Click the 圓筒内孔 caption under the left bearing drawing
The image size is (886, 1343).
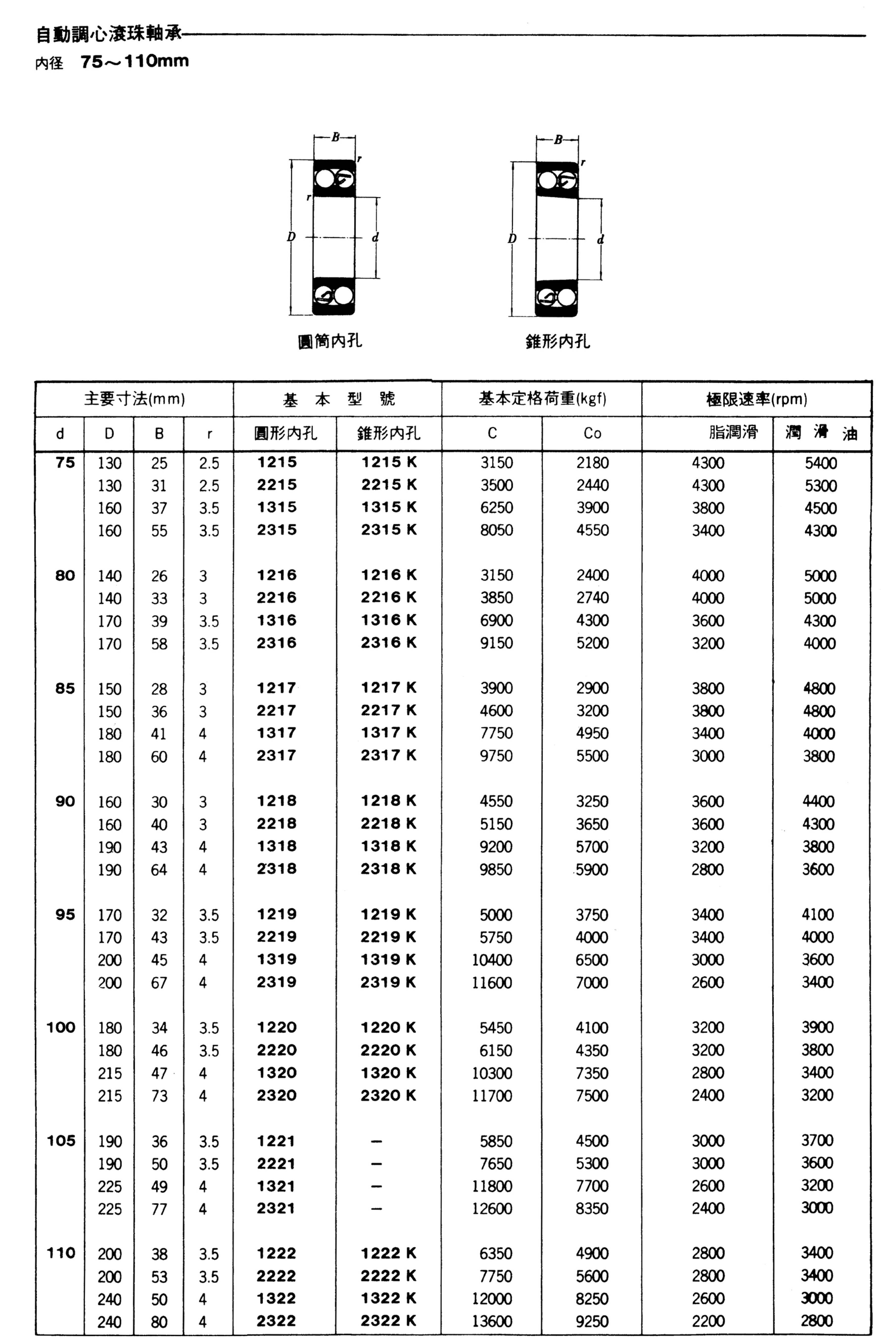point(330,341)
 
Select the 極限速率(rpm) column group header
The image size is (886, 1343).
point(757,399)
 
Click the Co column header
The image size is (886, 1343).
point(592,433)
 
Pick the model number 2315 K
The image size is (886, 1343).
point(389,530)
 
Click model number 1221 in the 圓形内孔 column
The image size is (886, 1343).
point(276,1141)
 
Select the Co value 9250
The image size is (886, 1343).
point(592,1321)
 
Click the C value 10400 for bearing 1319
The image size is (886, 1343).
point(492,959)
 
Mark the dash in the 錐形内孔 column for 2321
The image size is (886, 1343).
point(376,1209)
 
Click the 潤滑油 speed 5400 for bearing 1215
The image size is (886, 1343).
point(821,463)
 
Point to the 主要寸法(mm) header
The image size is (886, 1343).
point(134,399)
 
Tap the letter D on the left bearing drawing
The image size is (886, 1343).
point(291,237)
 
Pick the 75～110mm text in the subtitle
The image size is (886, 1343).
point(134,61)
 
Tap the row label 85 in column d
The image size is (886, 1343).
point(65,689)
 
